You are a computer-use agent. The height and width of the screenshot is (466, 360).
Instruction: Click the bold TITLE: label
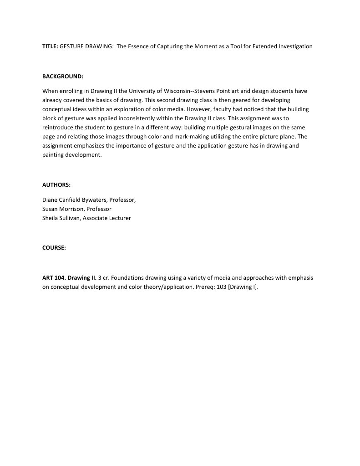pos(50,46)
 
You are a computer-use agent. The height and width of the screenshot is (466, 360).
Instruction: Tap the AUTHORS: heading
pos(56,185)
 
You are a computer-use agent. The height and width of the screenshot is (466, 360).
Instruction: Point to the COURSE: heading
pos(54,248)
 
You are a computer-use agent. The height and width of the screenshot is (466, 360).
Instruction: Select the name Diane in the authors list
pos(50,200)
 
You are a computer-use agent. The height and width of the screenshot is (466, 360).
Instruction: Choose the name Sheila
pos(50,218)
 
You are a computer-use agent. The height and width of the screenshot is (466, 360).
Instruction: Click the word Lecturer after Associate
pos(119,218)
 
